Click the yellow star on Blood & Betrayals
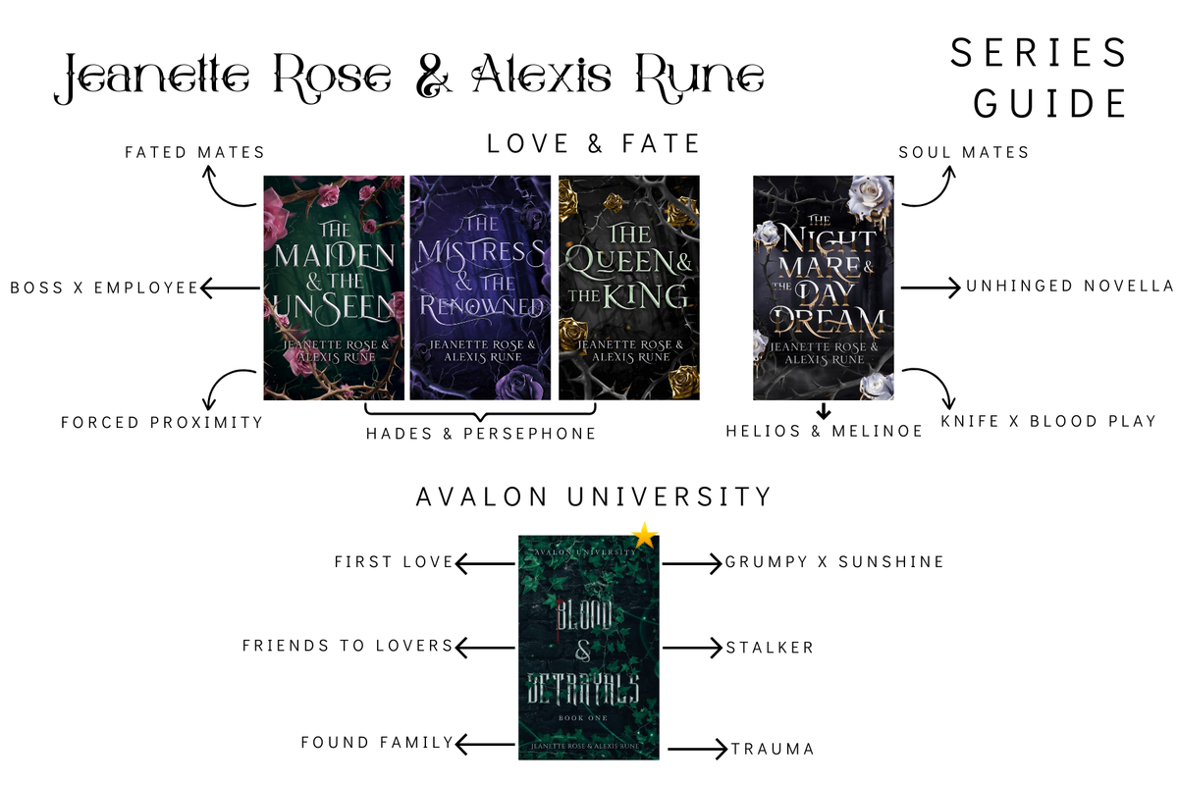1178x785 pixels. click(x=645, y=537)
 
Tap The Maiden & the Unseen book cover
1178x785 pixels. click(x=334, y=288)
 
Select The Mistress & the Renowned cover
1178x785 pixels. click(x=480, y=288)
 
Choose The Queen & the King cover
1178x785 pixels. click(x=629, y=288)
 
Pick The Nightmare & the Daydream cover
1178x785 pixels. click(x=824, y=288)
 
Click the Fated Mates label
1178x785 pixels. click(x=194, y=152)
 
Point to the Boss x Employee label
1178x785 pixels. click(x=104, y=288)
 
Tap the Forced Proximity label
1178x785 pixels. click(x=162, y=422)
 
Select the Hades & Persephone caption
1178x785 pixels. click(x=481, y=434)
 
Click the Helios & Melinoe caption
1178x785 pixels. click(x=824, y=431)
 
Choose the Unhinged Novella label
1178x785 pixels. click(x=1070, y=286)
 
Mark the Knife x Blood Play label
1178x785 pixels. click(x=1048, y=421)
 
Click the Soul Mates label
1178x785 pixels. click(x=963, y=152)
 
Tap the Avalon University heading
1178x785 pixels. click(x=594, y=497)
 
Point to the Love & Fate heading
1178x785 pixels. click(x=593, y=143)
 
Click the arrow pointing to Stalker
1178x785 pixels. click(x=692, y=648)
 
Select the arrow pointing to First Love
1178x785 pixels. click(x=485, y=563)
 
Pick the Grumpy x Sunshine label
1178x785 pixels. click(x=834, y=562)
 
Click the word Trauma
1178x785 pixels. click(x=774, y=749)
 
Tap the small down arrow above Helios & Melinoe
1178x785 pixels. click(x=824, y=411)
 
